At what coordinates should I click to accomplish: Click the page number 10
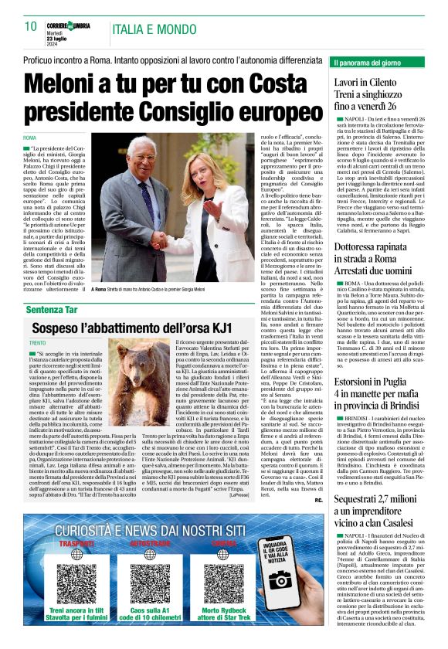click(x=31, y=27)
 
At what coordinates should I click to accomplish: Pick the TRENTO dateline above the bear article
click(x=38, y=341)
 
